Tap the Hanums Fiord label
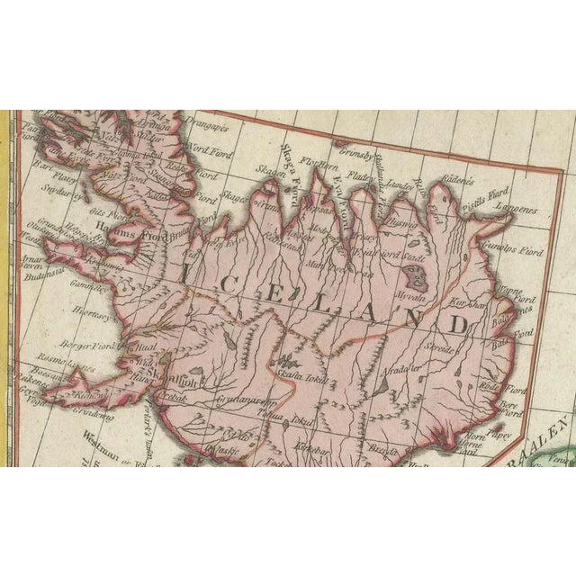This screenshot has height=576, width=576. point(125,237)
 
